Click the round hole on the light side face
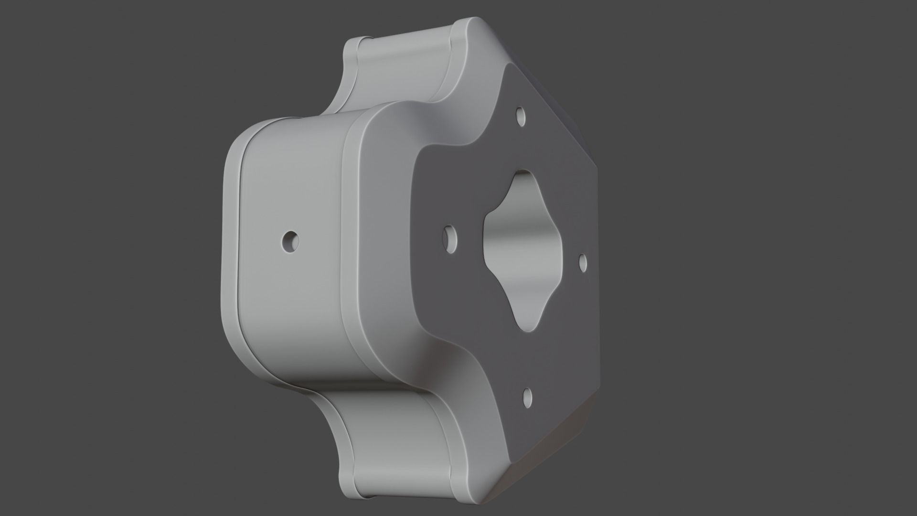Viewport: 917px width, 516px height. (x=290, y=241)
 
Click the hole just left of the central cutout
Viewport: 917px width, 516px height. (x=450, y=238)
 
